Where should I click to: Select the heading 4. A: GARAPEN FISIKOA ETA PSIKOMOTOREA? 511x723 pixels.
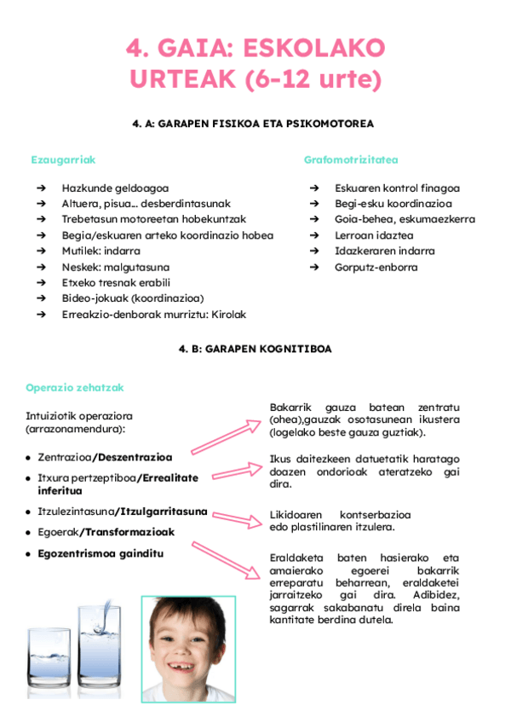[x=254, y=124]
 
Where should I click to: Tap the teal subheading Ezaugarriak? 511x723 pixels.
[x=63, y=159]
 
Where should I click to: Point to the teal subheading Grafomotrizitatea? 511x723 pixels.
[x=351, y=159]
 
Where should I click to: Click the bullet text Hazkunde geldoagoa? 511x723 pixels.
[x=115, y=188]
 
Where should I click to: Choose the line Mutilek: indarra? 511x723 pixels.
[x=100, y=252]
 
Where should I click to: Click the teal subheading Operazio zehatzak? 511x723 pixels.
[x=75, y=388]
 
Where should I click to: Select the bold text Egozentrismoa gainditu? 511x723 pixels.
[x=100, y=553]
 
